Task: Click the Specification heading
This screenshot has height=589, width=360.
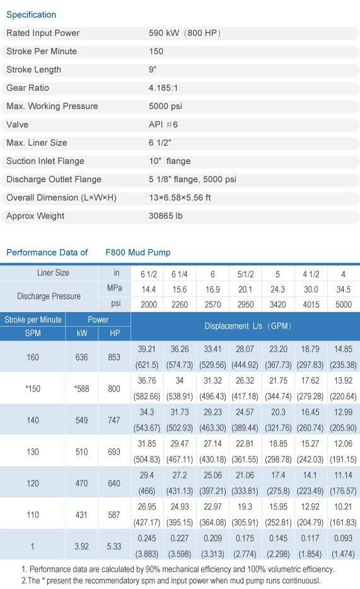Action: click(x=31, y=15)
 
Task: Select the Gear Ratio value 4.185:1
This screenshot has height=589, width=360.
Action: click(x=163, y=88)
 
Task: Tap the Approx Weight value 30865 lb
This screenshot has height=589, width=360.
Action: click(x=166, y=216)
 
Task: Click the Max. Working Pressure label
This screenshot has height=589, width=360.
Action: click(x=52, y=107)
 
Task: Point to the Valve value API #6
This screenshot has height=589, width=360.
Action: click(x=163, y=125)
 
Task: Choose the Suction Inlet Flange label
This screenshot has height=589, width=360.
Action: click(x=45, y=161)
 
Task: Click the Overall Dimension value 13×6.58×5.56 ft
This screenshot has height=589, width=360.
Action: click(x=180, y=197)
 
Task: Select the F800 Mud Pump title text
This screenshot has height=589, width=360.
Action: click(x=138, y=252)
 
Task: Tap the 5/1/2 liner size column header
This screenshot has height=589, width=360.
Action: click(x=245, y=274)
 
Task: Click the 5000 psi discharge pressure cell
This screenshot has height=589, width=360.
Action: click(x=344, y=304)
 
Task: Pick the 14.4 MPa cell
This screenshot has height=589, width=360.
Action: click(x=149, y=289)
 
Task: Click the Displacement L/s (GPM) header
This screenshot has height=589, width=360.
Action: click(x=248, y=326)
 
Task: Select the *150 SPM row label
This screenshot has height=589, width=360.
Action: click(x=33, y=389)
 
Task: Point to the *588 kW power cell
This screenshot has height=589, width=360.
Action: click(x=81, y=389)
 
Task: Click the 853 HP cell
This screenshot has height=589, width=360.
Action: click(x=114, y=357)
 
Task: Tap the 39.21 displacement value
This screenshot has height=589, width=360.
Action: click(x=147, y=349)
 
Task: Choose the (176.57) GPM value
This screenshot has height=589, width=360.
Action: click(x=343, y=491)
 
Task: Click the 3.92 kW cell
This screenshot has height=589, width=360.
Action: click(x=81, y=546)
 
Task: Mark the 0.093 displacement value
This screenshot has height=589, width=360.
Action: click(x=343, y=539)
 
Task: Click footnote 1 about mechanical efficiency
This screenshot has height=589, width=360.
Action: click(x=178, y=569)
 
